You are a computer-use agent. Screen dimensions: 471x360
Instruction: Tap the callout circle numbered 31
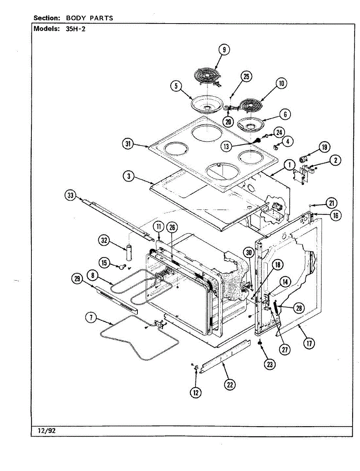click(x=127, y=144)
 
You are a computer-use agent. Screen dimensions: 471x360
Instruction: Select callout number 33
click(x=71, y=195)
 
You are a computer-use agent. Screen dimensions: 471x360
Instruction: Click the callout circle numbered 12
click(x=196, y=392)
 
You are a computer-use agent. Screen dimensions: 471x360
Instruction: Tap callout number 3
click(x=128, y=176)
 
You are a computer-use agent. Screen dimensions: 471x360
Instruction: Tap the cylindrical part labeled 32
click(x=129, y=252)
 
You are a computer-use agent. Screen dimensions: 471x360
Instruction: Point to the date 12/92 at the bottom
click(x=47, y=431)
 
